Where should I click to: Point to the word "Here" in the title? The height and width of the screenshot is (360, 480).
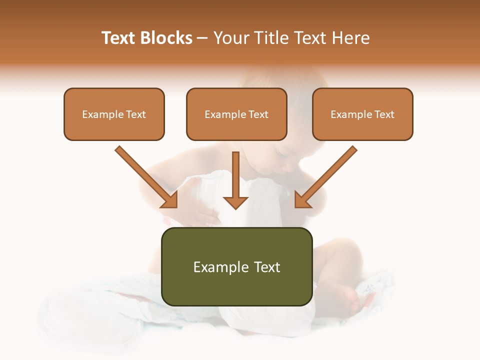(x=352, y=38)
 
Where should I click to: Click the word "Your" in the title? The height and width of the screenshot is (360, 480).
(x=230, y=38)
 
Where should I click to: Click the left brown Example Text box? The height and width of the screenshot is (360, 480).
(x=114, y=114)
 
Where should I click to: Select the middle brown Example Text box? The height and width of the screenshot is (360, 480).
(x=236, y=114)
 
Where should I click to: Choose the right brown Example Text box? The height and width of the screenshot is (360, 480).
(x=362, y=114)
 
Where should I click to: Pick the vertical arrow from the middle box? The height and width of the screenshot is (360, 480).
(x=235, y=175)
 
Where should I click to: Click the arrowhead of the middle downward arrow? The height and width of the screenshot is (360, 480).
(x=235, y=202)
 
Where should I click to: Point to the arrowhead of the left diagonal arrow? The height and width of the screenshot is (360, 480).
(x=170, y=200)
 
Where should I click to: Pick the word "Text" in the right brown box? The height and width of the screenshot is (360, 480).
(x=384, y=114)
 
